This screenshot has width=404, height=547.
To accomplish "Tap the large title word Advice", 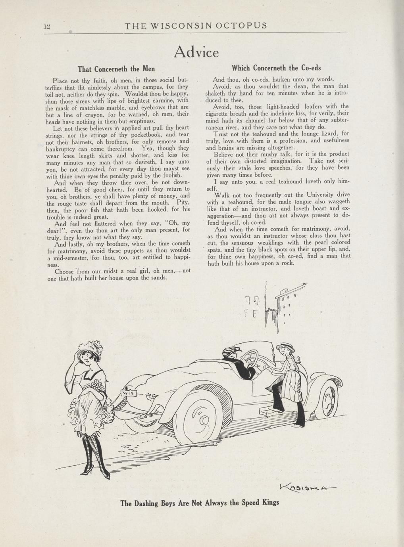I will click(196, 52).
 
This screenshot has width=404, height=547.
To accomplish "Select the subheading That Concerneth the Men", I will click(116, 69).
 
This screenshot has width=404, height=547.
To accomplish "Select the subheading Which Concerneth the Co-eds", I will click(276, 68).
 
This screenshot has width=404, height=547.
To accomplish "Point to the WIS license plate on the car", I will click(129, 393).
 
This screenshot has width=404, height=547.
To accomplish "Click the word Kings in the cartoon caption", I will click(271, 503).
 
